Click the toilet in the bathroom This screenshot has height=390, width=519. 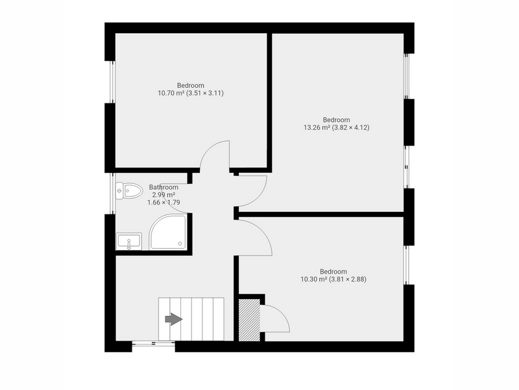point(128,190)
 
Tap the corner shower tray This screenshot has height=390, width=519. point(168,232)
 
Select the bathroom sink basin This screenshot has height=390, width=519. point(128,241)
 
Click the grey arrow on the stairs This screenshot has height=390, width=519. point(174,319)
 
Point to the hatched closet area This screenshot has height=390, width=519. point(249,320)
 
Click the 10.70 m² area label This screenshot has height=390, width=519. point(171,93)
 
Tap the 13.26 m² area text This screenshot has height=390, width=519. point(317,127)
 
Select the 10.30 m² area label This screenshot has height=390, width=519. point(314,279)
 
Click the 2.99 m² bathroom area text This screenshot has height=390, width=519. point(163,194)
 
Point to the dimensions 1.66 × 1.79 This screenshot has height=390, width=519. point(163,202)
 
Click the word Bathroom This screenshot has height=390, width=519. point(163,187)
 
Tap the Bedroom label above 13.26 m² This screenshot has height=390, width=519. point(336,120)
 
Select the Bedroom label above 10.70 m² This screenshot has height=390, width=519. point(191,85)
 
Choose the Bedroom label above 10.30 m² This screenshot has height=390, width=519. point(333,272)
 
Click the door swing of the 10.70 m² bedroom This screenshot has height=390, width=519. point(208,149)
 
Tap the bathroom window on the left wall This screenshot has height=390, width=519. point(112,193)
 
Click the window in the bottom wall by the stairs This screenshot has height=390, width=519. point(154,344)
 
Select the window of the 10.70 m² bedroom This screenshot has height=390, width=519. point(112,82)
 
